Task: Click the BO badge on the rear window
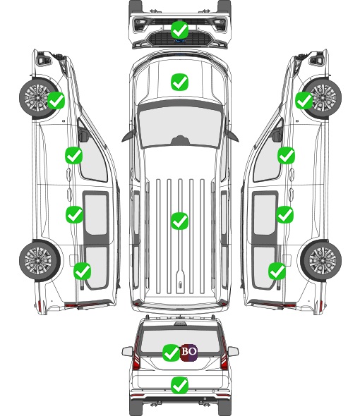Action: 188,353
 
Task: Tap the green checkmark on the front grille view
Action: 180,30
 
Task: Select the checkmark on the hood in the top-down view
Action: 180,82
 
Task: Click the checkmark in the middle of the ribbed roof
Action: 180,221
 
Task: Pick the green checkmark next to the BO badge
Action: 171,353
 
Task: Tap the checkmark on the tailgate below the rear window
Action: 180,385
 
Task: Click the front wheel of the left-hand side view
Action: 38,97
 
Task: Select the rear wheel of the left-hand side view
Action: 40,260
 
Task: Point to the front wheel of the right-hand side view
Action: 323,97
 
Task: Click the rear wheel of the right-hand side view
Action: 321,260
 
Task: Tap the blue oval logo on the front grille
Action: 180,41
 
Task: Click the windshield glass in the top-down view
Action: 180,126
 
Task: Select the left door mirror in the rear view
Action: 128,351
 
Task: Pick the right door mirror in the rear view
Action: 233,351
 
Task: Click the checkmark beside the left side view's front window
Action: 74,155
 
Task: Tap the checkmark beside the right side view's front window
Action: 286,155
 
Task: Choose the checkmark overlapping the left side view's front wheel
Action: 56,100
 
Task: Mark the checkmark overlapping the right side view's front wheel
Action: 304,100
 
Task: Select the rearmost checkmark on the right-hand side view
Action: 277,271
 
